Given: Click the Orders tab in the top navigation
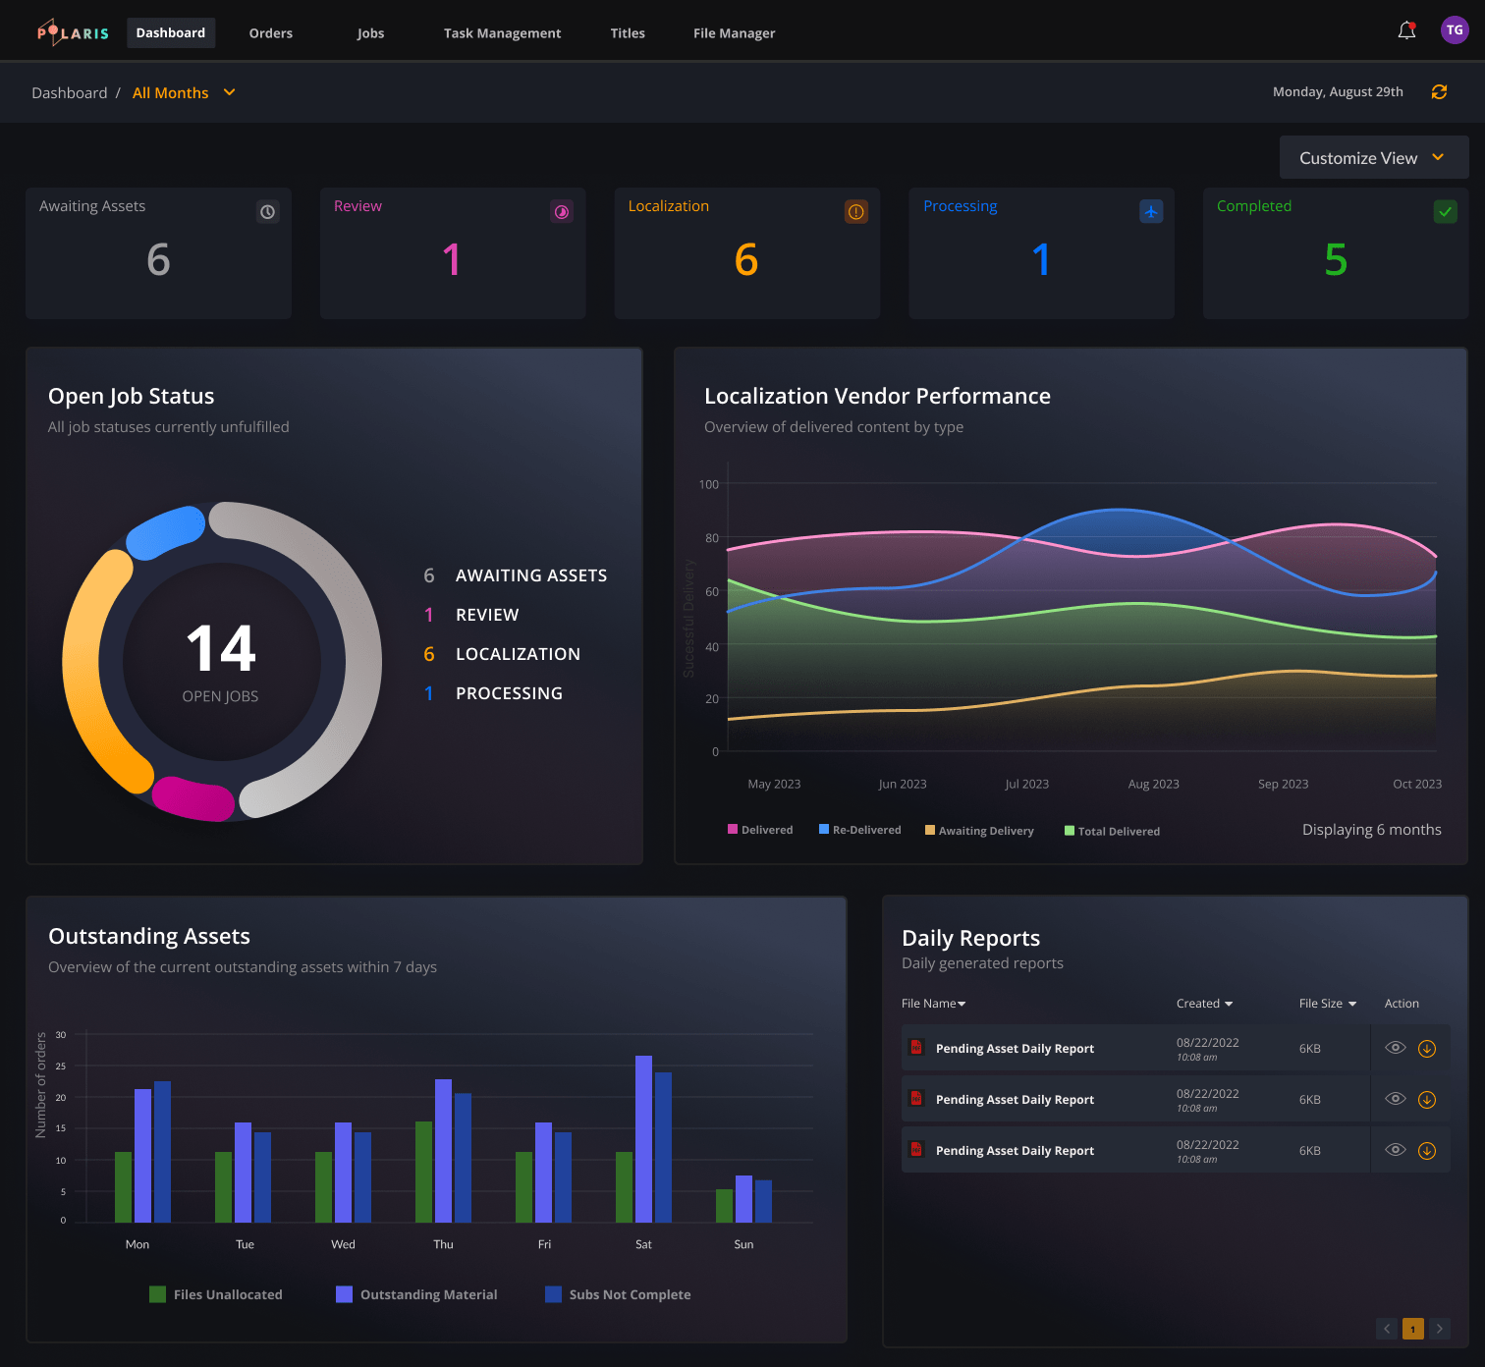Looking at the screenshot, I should [x=270, y=33].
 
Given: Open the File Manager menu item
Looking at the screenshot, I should [x=734, y=33].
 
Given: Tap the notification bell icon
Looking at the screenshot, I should [x=1406, y=30].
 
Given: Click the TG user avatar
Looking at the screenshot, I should [x=1455, y=30].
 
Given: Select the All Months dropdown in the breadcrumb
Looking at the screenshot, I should [x=184, y=93].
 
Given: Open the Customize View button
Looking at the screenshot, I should [x=1373, y=158].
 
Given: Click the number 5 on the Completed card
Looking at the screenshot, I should [x=1335, y=260].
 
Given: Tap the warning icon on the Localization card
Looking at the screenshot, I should [x=856, y=212].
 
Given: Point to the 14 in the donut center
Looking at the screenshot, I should [x=221, y=649].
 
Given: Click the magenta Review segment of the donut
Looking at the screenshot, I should [x=193, y=798].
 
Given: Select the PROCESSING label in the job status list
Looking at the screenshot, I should [x=509, y=693].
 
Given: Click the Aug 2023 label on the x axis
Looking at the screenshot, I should [x=1153, y=784].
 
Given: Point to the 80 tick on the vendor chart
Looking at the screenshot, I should [x=711, y=538].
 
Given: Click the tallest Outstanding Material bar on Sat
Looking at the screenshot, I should [x=643, y=1139].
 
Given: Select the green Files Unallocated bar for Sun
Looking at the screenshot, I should [x=724, y=1206].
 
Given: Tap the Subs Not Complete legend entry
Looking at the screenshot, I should [x=618, y=1294].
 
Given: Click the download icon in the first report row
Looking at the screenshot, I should [x=1427, y=1049].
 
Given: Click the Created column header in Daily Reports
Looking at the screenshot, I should [x=1203, y=1004].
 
